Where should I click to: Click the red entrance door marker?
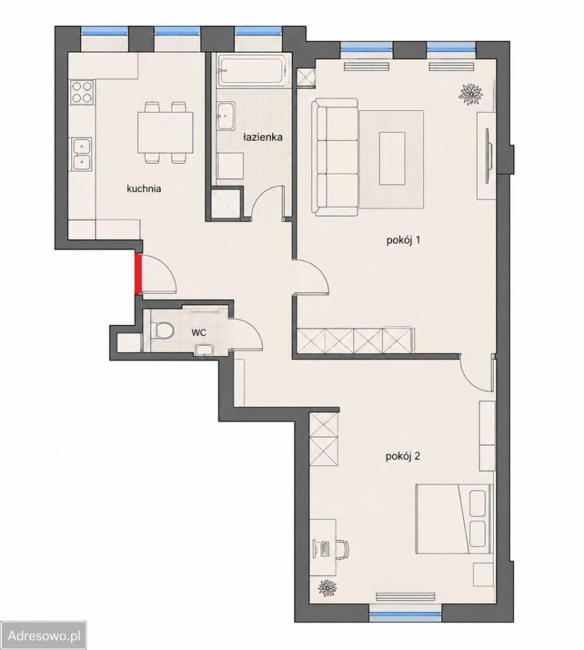pos(138,274)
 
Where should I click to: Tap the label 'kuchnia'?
pos(144,189)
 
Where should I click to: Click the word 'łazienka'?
pos(263,137)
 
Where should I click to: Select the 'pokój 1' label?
pos(404,240)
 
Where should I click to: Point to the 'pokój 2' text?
pos(403,456)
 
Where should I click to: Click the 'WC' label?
pos(199,332)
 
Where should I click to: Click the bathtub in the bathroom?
pos(253,71)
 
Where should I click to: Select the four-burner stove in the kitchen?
pos(82,92)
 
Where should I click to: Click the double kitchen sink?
pos(81,154)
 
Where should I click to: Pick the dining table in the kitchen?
pos(165,132)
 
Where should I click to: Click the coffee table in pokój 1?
pos(392,158)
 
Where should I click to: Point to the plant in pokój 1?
pos(471,93)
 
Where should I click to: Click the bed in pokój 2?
pos(454,518)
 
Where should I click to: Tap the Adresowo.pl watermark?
pos(44,636)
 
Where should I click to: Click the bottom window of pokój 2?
pos(405,614)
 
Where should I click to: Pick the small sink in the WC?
pos(204,350)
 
